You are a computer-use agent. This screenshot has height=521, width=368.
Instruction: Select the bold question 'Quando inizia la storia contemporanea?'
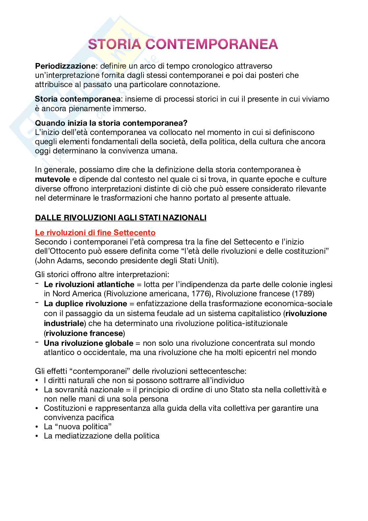point(111,123)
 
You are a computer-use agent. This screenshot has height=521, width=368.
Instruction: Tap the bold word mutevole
point(52,179)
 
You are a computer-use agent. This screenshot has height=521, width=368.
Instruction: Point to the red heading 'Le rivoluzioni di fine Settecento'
point(95,233)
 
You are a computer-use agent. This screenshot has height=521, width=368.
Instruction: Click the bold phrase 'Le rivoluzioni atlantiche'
point(89,284)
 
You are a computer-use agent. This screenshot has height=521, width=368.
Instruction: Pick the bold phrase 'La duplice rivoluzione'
point(85,304)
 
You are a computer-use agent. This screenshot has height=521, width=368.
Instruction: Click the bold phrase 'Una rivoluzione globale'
point(88,343)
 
